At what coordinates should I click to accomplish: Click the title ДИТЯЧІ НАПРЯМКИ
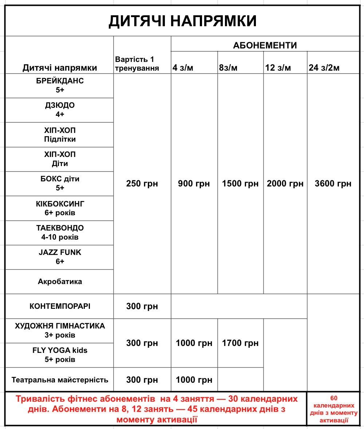point(182,21)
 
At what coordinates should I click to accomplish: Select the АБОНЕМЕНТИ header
point(265,46)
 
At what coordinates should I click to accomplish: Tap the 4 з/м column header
point(183,68)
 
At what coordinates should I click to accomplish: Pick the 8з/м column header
point(228,68)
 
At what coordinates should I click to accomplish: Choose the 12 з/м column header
point(278,68)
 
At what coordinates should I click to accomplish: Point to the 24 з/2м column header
point(324,68)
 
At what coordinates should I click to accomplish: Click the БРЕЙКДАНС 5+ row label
point(60,85)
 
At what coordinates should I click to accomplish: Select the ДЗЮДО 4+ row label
point(60,110)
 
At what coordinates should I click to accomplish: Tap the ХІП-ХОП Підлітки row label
point(60,134)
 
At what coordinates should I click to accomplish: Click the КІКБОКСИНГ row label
point(60,208)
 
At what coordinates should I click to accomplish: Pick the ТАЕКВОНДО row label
point(60,232)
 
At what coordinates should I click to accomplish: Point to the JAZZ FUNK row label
point(60,257)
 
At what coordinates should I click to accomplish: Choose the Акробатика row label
point(60,282)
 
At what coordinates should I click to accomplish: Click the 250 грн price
point(142,184)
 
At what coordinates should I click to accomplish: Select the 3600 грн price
point(333,184)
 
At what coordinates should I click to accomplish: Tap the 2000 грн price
point(285,184)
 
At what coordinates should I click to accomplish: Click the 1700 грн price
point(240,343)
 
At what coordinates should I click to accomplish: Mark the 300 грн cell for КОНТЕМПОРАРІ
point(142,306)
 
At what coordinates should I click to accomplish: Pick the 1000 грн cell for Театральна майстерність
point(194,380)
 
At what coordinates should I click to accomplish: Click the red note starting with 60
point(334,409)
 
